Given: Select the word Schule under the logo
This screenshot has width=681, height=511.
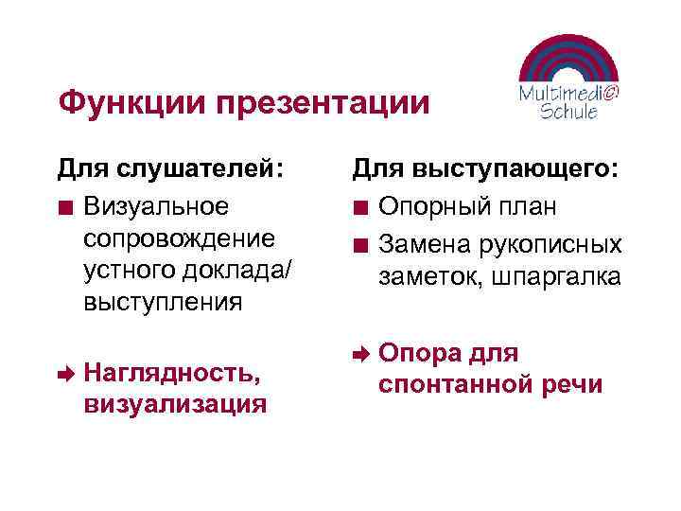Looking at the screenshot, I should point(568,112).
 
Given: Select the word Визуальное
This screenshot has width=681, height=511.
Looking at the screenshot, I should point(155,206).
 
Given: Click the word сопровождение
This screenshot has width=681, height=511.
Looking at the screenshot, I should point(180,238).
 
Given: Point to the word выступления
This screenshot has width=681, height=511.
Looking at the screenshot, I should point(163,303).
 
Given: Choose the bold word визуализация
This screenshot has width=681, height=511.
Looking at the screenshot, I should point(174,405).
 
